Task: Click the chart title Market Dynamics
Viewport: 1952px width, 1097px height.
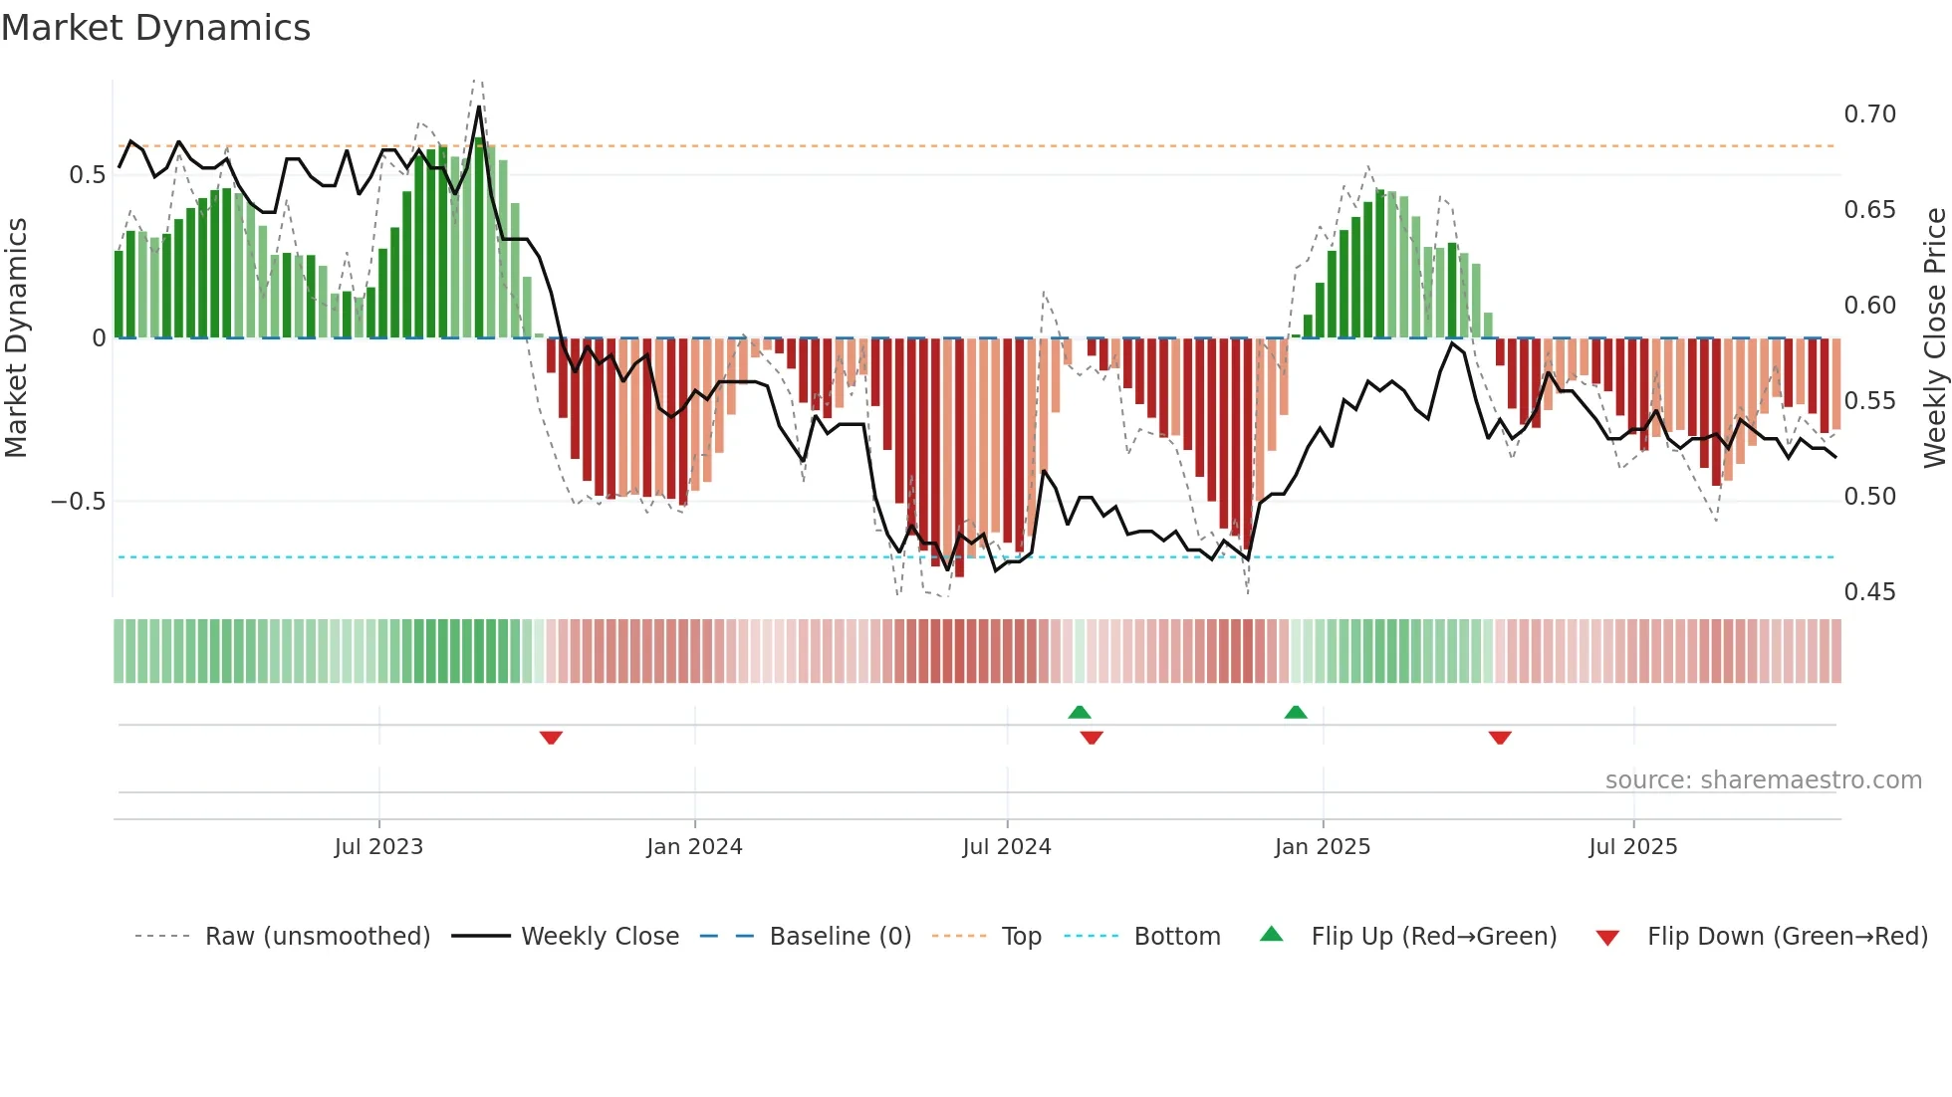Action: tap(155, 28)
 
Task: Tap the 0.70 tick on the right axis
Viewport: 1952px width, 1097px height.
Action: tap(1869, 114)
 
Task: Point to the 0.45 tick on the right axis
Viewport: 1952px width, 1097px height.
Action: tap(1869, 592)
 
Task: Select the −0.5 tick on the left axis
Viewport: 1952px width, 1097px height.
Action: tap(78, 501)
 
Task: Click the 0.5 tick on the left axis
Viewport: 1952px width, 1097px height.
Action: tap(87, 175)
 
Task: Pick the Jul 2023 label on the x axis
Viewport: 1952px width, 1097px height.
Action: tap(378, 847)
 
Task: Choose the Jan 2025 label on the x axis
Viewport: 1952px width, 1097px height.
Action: tap(1322, 847)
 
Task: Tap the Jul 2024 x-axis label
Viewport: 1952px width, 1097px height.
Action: tap(1006, 847)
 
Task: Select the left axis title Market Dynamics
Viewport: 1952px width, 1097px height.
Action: tap(16, 338)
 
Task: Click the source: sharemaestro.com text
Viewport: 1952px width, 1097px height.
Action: tap(1763, 780)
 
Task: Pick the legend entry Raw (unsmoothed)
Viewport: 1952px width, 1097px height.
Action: tap(317, 937)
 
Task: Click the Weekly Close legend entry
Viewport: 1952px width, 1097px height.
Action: tap(600, 937)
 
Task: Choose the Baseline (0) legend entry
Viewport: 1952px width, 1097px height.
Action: tap(840, 937)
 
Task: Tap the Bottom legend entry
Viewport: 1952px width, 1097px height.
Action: tap(1176, 937)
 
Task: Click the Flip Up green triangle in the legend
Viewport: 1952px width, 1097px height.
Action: tap(1272, 935)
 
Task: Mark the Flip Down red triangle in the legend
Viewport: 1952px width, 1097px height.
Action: tap(1607, 938)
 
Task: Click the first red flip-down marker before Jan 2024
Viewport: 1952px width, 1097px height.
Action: tap(551, 738)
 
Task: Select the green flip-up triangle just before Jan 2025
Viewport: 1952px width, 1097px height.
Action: tap(1296, 713)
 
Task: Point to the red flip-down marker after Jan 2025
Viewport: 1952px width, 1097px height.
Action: tap(1500, 738)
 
